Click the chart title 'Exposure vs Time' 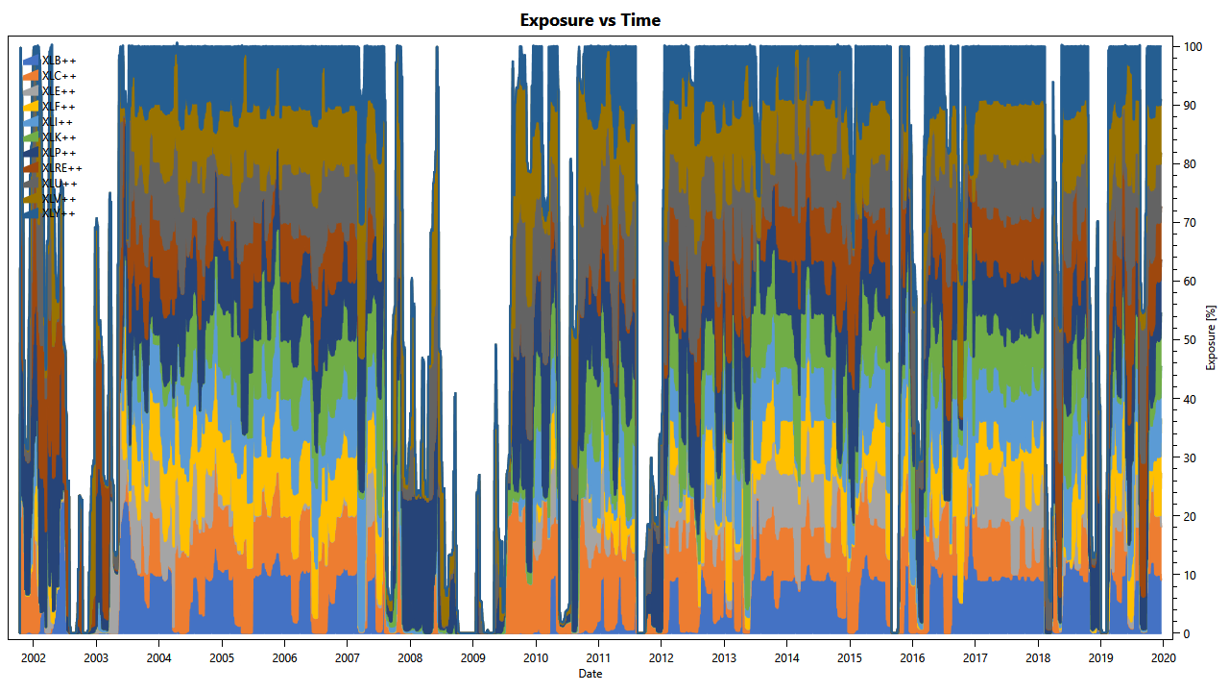click(x=590, y=20)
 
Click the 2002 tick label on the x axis click(x=34, y=658)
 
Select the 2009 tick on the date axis click(x=472, y=658)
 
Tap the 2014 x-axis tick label click(x=786, y=658)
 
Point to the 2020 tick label click(x=1163, y=658)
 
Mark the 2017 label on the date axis click(x=975, y=658)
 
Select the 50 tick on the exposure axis click(x=1191, y=340)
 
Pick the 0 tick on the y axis click(x=1188, y=634)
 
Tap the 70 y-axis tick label click(x=1191, y=223)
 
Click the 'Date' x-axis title click(x=590, y=674)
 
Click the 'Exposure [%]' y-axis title click(x=1212, y=337)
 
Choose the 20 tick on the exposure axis click(x=1191, y=517)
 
